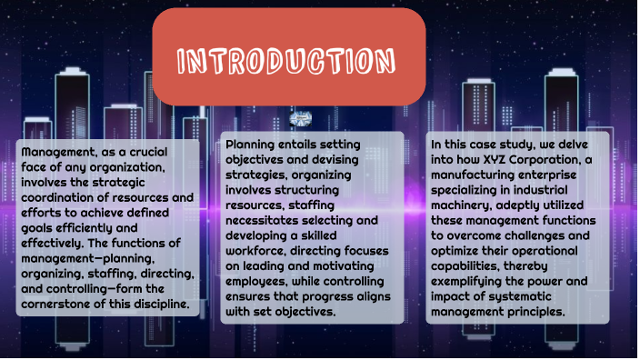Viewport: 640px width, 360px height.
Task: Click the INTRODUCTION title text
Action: (287, 62)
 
